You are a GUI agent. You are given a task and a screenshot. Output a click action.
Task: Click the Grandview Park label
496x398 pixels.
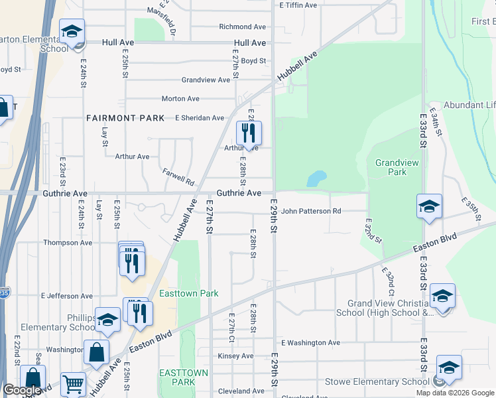391,167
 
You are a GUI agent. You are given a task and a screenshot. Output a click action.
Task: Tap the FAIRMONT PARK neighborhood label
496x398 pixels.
125,118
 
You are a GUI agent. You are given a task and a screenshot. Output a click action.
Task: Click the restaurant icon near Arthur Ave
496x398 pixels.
249,133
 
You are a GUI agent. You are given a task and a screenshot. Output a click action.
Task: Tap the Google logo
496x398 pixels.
21,391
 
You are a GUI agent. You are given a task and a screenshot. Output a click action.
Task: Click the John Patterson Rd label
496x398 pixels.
310,212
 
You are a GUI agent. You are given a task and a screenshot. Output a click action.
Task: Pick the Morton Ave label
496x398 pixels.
180,99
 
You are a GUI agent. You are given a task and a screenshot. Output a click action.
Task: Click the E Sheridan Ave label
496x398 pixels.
200,118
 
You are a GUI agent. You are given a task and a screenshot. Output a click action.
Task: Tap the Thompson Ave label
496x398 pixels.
68,243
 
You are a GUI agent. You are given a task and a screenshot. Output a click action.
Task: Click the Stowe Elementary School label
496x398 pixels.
377,381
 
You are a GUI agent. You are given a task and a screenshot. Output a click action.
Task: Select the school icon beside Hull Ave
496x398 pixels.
72,32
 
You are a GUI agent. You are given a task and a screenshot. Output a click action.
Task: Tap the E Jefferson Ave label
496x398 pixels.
66,295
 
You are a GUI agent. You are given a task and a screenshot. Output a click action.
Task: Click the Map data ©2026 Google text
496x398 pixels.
455,393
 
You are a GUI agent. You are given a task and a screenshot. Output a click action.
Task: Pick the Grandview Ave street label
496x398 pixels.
206,80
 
